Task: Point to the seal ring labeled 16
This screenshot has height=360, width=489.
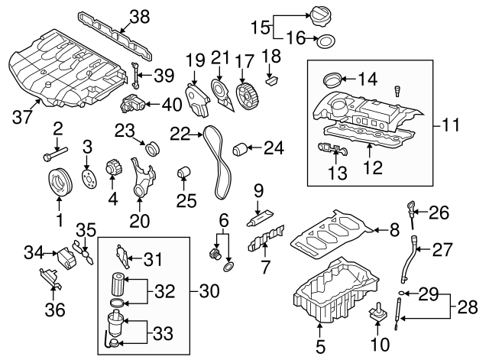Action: (325, 41)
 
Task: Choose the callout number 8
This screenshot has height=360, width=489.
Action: (394, 228)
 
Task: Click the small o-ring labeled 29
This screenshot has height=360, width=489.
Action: (401, 293)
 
